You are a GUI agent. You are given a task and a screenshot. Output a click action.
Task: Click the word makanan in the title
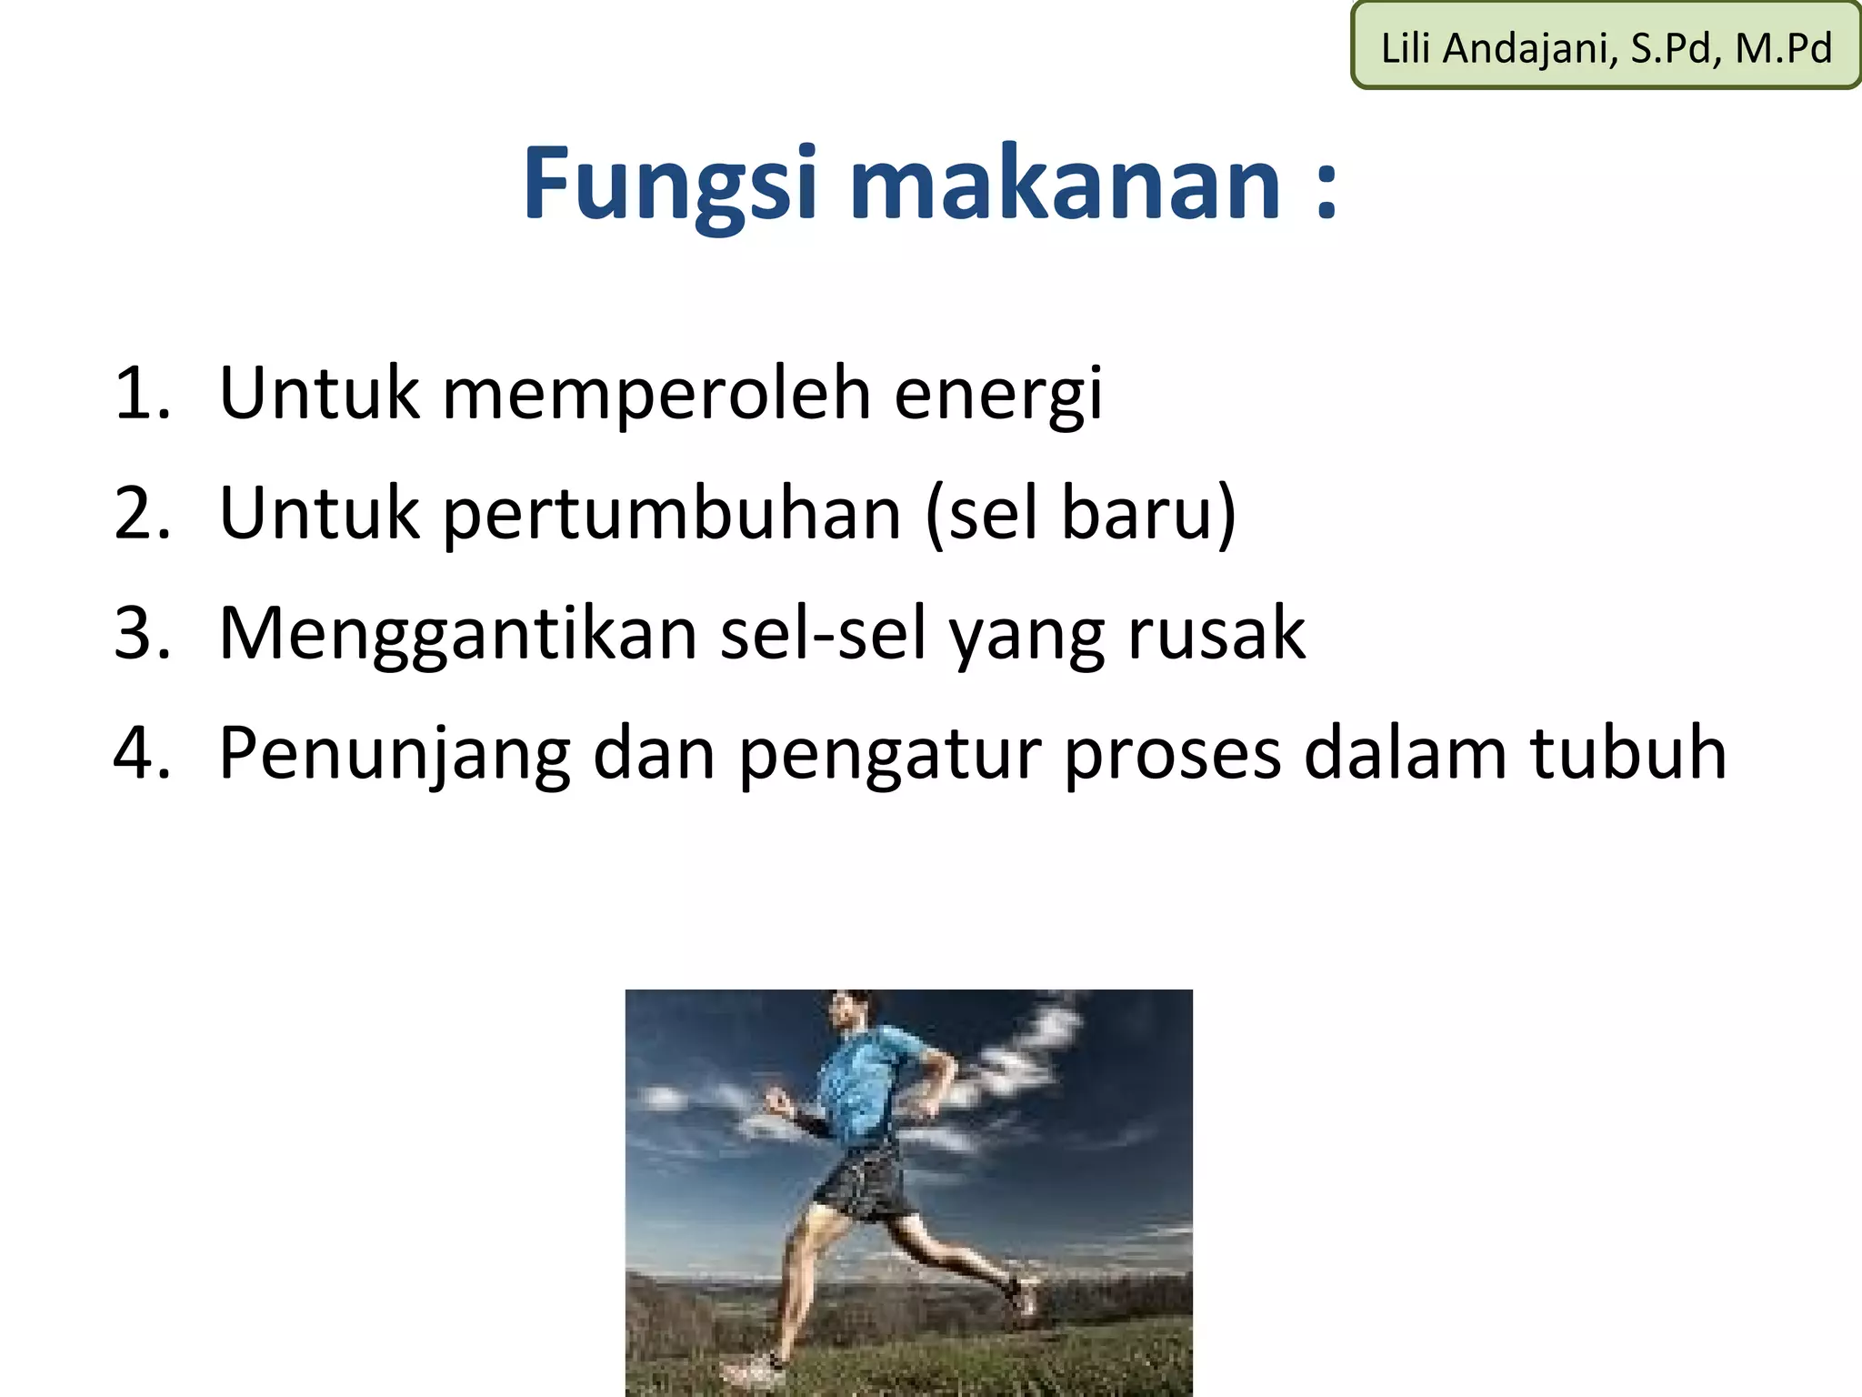[x=1066, y=185]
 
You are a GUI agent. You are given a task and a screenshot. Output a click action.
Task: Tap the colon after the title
[x=1326, y=191]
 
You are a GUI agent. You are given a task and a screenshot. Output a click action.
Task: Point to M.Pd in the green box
[x=1783, y=48]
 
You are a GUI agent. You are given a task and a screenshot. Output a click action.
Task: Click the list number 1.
[x=141, y=394]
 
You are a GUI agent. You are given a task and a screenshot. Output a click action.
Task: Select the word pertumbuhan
[x=672, y=514]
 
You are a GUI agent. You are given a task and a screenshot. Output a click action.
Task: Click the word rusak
[x=1216, y=634]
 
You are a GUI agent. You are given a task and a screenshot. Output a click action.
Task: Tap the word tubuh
[x=1627, y=754]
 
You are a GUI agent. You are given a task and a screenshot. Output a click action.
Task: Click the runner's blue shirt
[x=864, y=1082]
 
